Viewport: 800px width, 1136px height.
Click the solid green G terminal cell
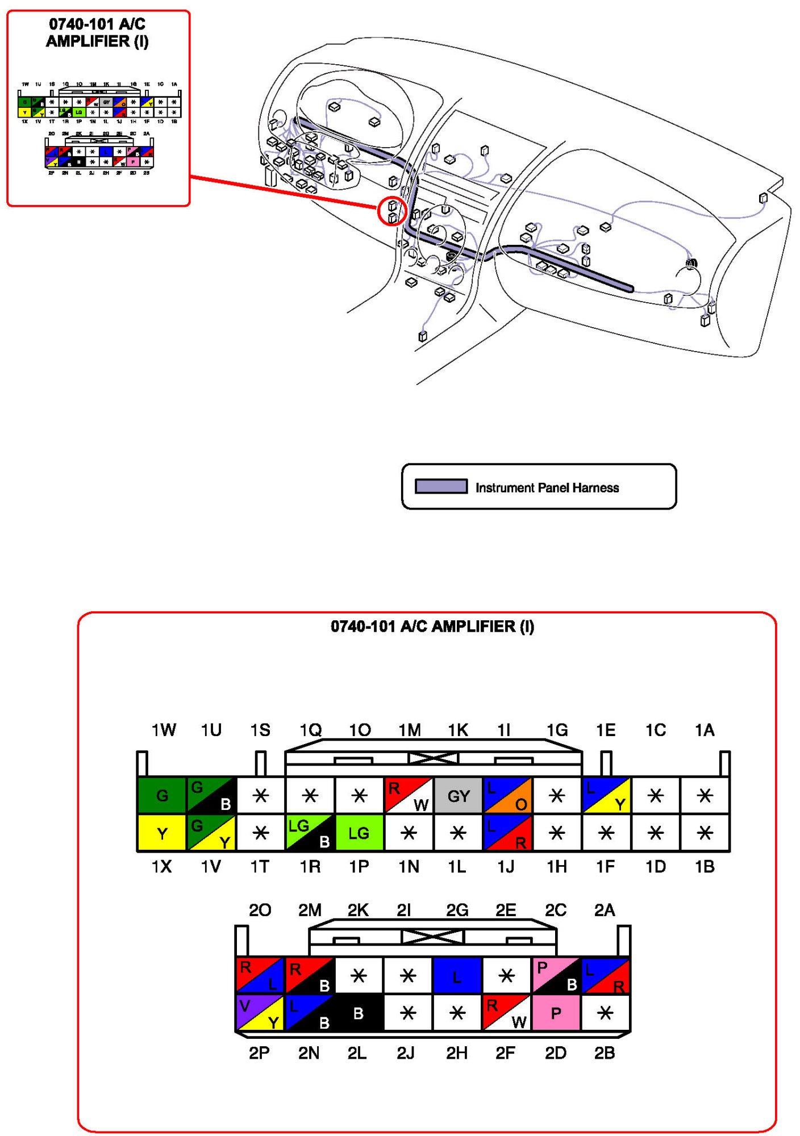pos(162,795)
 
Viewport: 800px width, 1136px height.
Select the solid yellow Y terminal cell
pos(162,833)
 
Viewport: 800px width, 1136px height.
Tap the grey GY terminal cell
pos(458,795)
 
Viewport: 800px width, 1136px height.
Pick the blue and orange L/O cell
pos(507,795)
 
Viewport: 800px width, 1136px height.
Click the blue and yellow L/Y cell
pos(606,795)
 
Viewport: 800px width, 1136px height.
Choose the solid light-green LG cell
pos(359,833)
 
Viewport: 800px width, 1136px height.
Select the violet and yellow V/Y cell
pos(260,1013)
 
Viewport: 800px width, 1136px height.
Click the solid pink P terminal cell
pos(556,1013)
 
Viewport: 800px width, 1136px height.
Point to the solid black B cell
pos(359,1013)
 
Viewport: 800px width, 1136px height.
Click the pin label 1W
pos(164,730)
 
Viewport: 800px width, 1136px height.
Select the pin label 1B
pos(705,867)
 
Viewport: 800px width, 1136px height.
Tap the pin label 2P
pos(259,1053)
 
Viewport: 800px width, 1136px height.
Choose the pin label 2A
pos(605,911)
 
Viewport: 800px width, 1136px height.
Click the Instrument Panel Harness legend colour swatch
pos(441,487)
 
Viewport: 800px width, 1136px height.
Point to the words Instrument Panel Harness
pos(547,488)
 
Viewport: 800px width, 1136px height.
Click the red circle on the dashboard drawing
pos(392,211)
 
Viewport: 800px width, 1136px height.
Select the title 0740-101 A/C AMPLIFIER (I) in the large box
pos(432,627)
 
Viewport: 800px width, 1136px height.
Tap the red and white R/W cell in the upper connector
pos(409,795)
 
